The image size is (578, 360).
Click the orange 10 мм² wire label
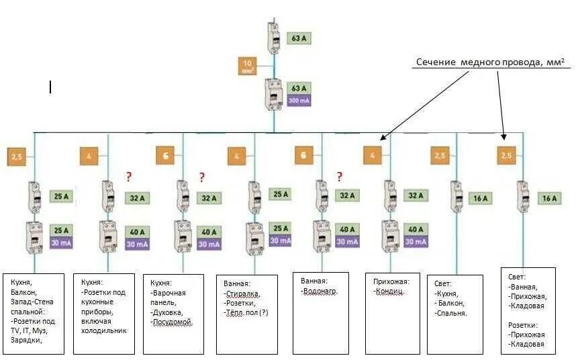tap(246, 66)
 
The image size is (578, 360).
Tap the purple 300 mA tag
tap(299, 101)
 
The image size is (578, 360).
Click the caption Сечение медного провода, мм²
tap(489, 62)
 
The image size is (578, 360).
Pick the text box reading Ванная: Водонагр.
tap(320, 312)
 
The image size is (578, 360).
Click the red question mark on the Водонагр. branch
tap(340, 177)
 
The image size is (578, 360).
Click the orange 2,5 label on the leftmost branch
tap(15, 157)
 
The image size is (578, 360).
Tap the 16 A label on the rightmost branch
tap(550, 198)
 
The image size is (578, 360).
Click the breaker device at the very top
tap(274, 38)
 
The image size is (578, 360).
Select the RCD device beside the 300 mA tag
tap(274, 94)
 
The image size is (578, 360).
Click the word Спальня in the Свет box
tap(452, 313)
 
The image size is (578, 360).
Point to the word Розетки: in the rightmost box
tap(526, 325)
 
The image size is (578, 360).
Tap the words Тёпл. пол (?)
tap(246, 312)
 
